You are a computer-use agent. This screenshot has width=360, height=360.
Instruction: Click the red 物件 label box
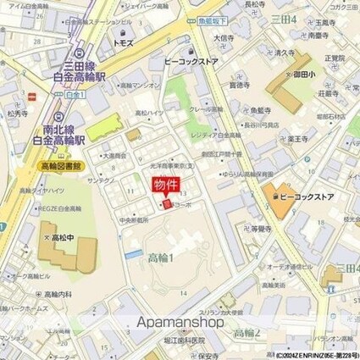[165, 186]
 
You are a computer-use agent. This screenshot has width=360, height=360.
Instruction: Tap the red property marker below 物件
[167, 204]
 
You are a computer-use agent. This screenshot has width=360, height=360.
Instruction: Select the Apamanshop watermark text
[179, 323]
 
